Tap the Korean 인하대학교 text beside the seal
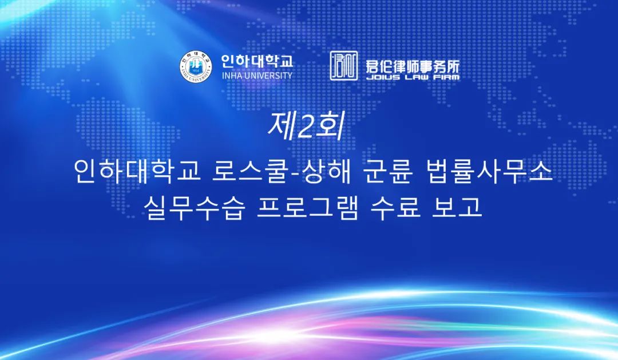(257, 61)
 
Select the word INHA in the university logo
(232, 76)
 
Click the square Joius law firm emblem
(344, 66)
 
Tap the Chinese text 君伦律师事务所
(413, 65)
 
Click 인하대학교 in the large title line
(137, 172)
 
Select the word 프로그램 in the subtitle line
(307, 207)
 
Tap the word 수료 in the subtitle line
(395, 207)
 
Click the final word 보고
(457, 207)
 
